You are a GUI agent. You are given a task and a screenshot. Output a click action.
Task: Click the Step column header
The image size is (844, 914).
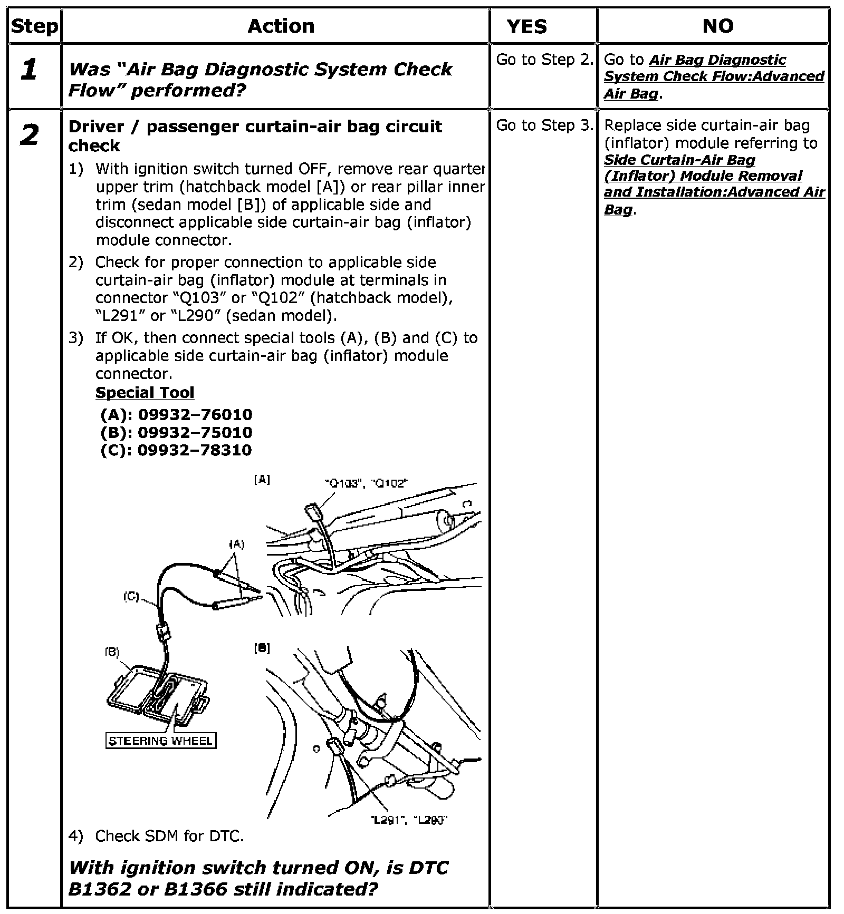coord(34,26)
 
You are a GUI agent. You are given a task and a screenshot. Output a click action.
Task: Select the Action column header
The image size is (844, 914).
coord(281,26)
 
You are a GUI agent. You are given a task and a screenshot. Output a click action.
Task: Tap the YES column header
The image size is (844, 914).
coord(527,26)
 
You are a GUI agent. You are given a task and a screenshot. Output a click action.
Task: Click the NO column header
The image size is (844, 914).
coord(718,26)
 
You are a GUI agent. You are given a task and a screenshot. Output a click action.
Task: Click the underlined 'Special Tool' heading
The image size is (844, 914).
coord(145,393)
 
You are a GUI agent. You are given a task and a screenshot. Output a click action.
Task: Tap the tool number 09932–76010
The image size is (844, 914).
coord(195,414)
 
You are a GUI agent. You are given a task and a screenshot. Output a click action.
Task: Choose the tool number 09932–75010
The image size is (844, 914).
coord(195,432)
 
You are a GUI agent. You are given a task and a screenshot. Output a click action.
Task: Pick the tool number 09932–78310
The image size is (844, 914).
coord(195,450)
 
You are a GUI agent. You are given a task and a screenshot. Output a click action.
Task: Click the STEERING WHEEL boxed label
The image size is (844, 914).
coord(161,741)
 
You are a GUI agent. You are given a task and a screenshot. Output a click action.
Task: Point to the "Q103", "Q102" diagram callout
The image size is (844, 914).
coord(366,483)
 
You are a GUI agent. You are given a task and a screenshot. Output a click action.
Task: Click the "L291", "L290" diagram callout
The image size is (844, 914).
coord(409,820)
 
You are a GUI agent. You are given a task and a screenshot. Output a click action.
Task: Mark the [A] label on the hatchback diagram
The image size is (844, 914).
coord(262,480)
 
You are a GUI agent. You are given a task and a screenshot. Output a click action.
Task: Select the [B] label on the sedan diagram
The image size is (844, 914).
coord(262,648)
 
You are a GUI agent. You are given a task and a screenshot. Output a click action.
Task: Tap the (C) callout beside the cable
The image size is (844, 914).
coord(131,596)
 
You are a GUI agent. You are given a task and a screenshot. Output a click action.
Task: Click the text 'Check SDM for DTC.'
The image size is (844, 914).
coord(169,836)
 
